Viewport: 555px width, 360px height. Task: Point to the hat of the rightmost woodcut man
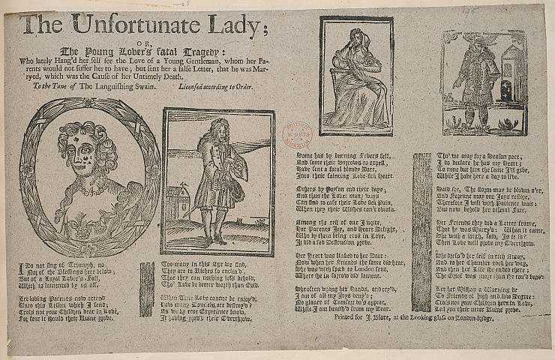tap(475, 43)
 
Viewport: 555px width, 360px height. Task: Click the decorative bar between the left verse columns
tap(147, 289)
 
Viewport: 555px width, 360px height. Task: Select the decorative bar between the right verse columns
tap(421, 221)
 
